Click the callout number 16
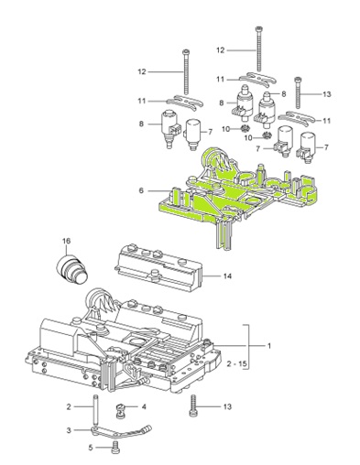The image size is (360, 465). coord(66,241)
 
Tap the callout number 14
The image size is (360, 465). coord(227,276)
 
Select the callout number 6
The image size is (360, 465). coord(141,190)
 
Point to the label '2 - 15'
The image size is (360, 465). coord(235,364)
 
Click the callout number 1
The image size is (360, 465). coord(269,346)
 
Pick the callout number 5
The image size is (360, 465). coord(91,448)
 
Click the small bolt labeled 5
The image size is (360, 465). coord(116,447)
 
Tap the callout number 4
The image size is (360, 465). coord(144,406)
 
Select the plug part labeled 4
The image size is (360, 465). coord(121,410)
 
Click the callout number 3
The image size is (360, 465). coord(69,430)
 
